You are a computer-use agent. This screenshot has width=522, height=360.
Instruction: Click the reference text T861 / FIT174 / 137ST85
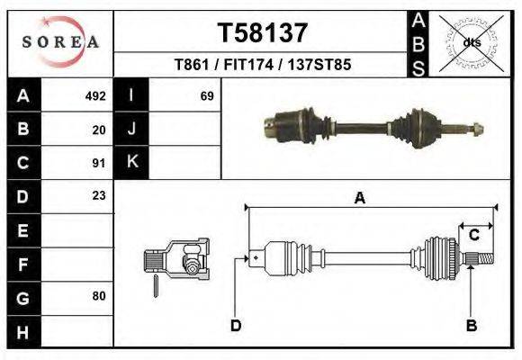pyautogui.click(x=263, y=65)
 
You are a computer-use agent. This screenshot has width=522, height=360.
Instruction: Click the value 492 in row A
pyautogui.click(x=95, y=95)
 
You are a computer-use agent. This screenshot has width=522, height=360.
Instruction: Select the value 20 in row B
pyautogui.click(x=99, y=129)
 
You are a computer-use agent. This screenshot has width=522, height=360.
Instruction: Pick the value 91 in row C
pyautogui.click(x=99, y=163)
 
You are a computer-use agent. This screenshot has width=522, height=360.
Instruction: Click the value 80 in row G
pyautogui.click(x=99, y=296)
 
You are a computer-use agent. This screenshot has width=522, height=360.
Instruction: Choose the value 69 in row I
pyautogui.click(x=206, y=95)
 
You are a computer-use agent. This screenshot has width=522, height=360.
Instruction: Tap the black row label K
pyautogui.click(x=131, y=163)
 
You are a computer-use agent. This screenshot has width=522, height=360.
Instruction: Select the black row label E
pyautogui.click(x=22, y=229)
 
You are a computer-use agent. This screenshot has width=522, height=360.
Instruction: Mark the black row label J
pyautogui.click(x=131, y=129)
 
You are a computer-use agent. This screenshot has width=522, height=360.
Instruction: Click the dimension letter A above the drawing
pyautogui.click(x=360, y=199)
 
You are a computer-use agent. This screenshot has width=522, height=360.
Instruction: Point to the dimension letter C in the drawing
pyautogui.click(x=473, y=235)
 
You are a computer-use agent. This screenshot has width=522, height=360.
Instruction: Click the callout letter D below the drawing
pyautogui.click(x=236, y=325)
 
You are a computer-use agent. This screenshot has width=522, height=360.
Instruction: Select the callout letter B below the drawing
pyautogui.click(x=471, y=325)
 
